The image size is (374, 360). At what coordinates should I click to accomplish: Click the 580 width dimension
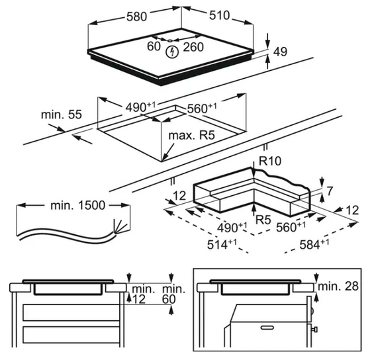pos(136,17)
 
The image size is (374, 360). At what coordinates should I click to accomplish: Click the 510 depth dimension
pos(219,15)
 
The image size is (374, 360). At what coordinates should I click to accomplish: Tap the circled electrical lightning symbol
pos(173,52)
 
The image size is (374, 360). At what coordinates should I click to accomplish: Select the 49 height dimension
pos(280,52)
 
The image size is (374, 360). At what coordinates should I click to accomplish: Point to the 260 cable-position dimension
pos(193,47)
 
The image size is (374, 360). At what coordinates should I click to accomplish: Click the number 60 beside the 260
pos(154,46)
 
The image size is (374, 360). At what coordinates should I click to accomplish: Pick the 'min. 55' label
pos(62,114)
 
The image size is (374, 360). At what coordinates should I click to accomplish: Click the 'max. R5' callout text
pos(191,136)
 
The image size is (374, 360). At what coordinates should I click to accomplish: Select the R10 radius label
pos(270,161)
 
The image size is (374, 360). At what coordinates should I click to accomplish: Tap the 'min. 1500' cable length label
pos(77,205)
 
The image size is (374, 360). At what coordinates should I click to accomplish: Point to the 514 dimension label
pos(222,244)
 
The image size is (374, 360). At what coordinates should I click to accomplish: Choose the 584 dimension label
pos(314,244)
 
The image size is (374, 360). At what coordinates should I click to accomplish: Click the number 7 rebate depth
pos(329,191)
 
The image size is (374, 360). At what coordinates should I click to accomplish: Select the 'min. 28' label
pos(338,286)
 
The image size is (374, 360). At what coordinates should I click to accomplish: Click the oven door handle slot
pos(267,328)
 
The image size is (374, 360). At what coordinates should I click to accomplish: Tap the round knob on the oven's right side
pos(312,310)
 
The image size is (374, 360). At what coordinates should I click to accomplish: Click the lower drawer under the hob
pos(71,335)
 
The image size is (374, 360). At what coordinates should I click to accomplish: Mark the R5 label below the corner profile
pos(263,220)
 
